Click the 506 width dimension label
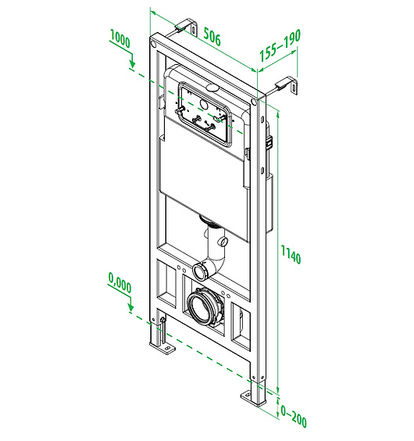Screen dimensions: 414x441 pyautogui.click(x=212, y=37)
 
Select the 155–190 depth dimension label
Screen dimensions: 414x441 pyautogui.click(x=280, y=45)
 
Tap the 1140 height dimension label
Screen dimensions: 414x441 pyautogui.click(x=291, y=255)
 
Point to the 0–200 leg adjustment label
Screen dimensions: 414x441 pyautogui.click(x=294, y=416)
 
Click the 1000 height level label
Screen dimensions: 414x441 pyautogui.click(x=120, y=39)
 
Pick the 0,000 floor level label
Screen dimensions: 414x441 pyautogui.click(x=120, y=283)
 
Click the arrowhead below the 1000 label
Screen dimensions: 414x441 pyautogui.click(x=132, y=64)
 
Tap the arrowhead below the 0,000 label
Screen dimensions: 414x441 pyautogui.click(x=130, y=308)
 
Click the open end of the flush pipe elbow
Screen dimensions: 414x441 pyautogui.click(x=199, y=271)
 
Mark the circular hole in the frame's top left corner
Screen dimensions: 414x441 pyautogui.click(x=153, y=44)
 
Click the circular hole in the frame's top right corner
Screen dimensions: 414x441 pyautogui.click(x=255, y=102)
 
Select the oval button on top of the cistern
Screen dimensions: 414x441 pyautogui.click(x=212, y=88)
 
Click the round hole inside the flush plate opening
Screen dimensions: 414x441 pyautogui.click(x=204, y=105)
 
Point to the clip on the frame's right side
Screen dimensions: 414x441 pyautogui.click(x=269, y=142)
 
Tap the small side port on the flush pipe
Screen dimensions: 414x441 pyautogui.click(x=224, y=242)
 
